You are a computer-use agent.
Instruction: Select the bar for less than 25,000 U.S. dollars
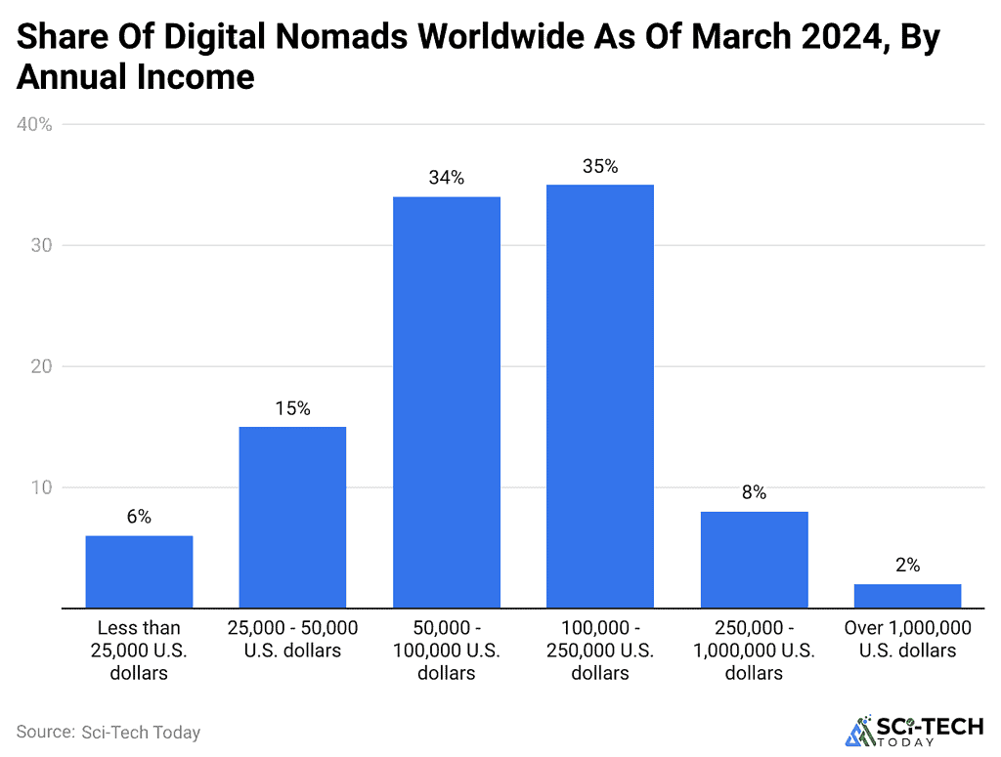point(139,571)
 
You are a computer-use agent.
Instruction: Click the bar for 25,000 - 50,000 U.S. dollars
point(292,518)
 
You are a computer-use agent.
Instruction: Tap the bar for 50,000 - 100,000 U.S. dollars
point(446,402)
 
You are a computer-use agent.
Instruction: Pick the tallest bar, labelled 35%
point(600,397)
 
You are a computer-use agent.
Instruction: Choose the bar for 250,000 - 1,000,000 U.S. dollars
point(754,559)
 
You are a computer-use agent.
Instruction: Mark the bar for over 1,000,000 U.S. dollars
point(907,596)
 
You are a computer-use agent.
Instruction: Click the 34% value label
point(446,179)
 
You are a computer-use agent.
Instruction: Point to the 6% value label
point(139,518)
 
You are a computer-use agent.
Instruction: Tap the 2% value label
point(907,566)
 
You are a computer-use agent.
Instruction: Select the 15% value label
point(292,409)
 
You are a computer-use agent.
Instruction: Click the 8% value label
point(754,493)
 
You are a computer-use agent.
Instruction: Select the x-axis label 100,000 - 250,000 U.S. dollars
point(600,650)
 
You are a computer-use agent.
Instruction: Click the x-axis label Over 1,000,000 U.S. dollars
point(907,639)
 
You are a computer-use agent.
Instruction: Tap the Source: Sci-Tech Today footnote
point(109,731)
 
